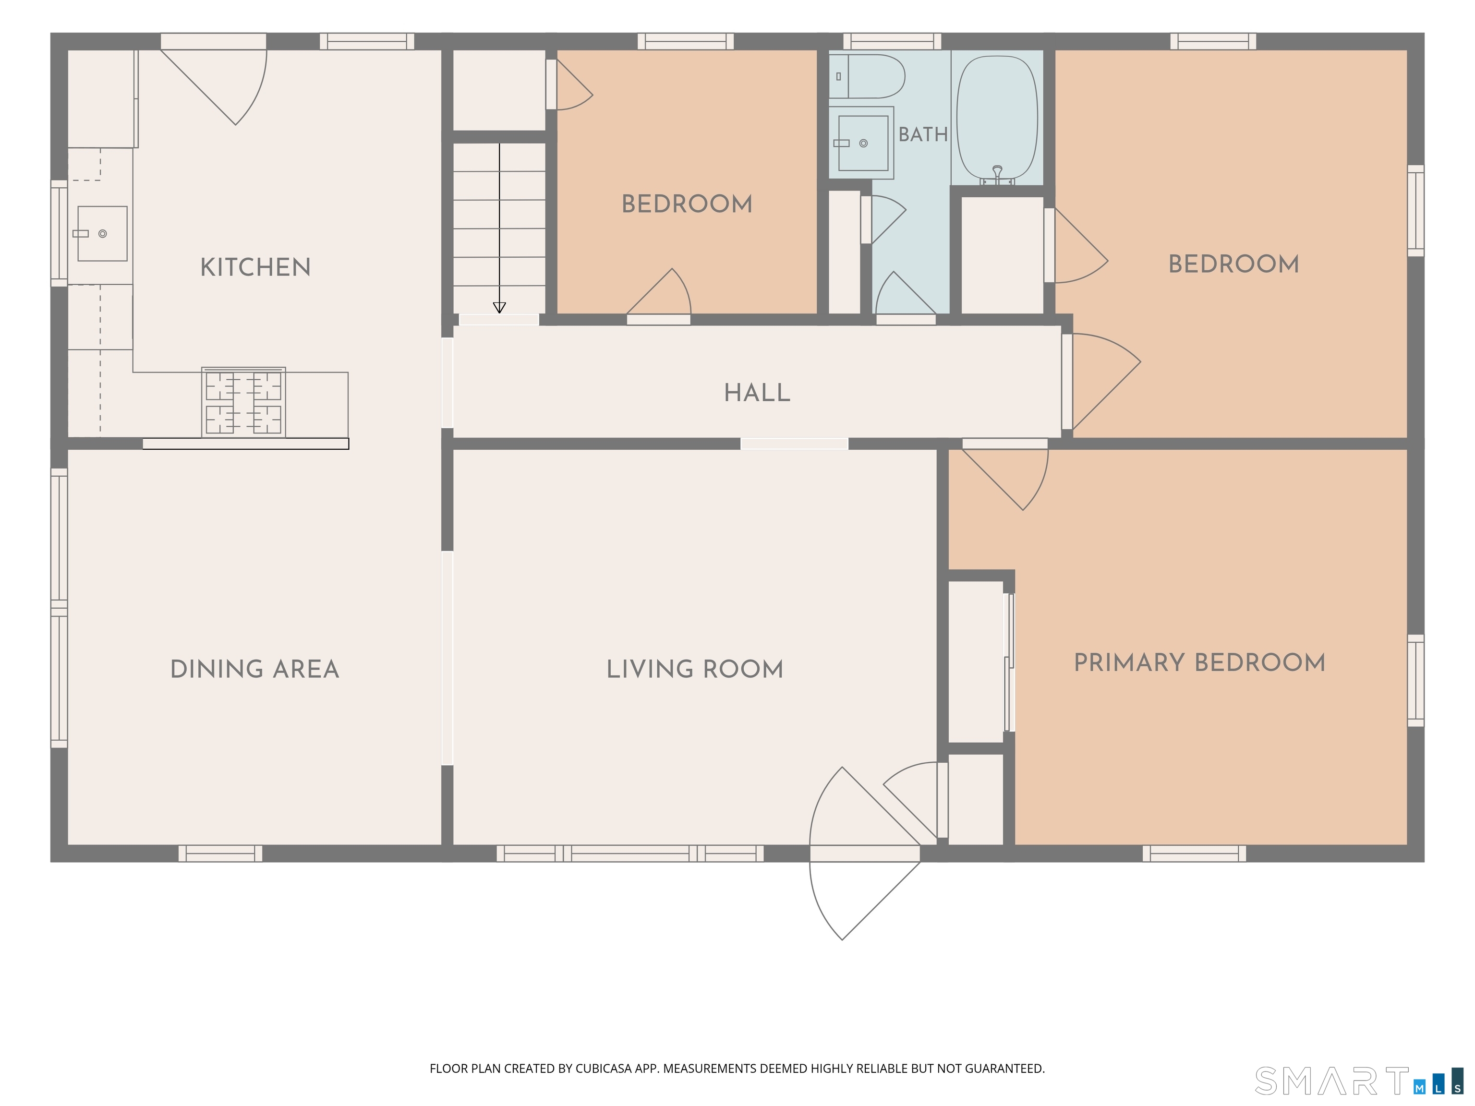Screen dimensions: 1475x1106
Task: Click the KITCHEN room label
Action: coord(255,267)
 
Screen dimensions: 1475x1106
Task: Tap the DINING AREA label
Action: coord(255,669)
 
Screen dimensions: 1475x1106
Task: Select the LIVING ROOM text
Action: coord(695,669)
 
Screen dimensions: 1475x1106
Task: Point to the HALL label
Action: coord(758,393)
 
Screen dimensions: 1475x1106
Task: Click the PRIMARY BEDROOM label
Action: coord(1199,662)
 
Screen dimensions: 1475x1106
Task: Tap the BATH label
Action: coord(923,135)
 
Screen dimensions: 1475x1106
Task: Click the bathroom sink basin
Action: coord(862,143)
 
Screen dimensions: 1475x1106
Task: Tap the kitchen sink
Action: coord(102,233)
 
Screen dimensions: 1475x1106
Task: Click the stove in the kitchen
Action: coord(243,402)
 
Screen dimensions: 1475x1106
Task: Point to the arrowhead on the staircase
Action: coord(499,307)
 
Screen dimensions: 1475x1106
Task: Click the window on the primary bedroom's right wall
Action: coord(1415,681)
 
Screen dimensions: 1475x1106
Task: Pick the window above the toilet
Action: coord(892,41)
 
